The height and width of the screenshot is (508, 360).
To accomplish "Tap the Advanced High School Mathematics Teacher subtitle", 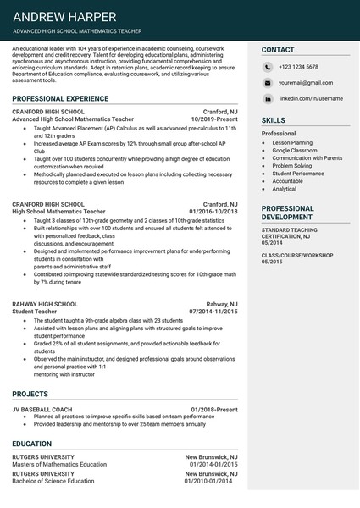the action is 77,31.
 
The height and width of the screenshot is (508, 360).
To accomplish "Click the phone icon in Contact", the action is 268,67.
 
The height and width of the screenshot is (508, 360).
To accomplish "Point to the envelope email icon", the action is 268,83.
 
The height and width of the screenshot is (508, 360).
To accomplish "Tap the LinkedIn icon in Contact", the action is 268,98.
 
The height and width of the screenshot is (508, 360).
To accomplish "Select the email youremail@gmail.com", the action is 306,83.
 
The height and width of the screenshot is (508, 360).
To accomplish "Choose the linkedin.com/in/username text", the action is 311,98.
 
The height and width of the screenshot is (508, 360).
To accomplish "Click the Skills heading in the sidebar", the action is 274,121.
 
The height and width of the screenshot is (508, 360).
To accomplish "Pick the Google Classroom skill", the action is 295,150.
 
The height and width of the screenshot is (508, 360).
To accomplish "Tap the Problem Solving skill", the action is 292,166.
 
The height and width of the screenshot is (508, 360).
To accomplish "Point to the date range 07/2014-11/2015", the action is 213,312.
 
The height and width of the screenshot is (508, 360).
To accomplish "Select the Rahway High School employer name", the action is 45,304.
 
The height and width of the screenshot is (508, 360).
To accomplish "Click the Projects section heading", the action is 30,394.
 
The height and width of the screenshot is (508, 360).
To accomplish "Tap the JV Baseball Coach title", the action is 40,410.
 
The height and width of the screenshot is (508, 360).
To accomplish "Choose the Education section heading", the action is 32,443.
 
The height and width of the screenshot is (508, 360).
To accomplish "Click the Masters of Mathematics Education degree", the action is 59,465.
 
